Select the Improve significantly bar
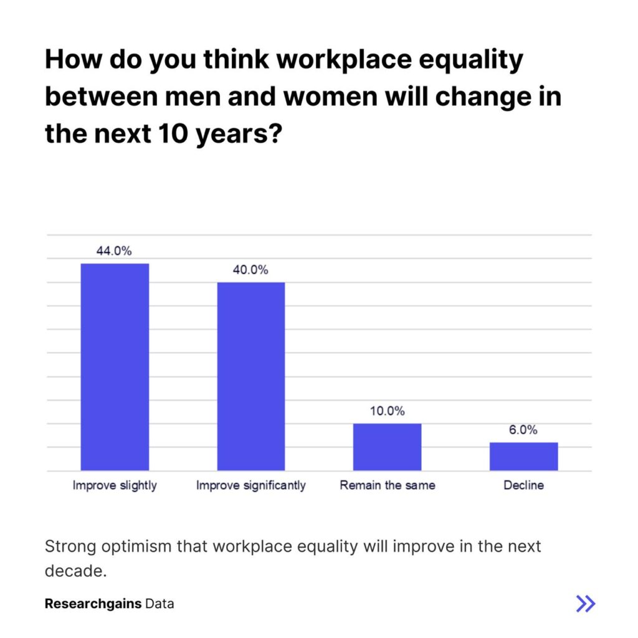click(x=251, y=376)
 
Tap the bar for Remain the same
click(x=387, y=447)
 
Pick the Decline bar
click(x=523, y=456)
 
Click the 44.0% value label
click(x=114, y=251)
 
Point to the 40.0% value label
click(x=250, y=270)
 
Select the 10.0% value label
click(x=387, y=411)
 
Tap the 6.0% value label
click(x=523, y=430)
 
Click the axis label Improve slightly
click(x=115, y=485)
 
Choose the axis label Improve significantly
click(x=251, y=485)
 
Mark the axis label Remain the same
click(x=387, y=485)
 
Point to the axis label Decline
click(x=523, y=485)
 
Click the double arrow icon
click(x=585, y=603)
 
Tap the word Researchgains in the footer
click(x=93, y=604)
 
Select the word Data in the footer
click(x=159, y=604)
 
